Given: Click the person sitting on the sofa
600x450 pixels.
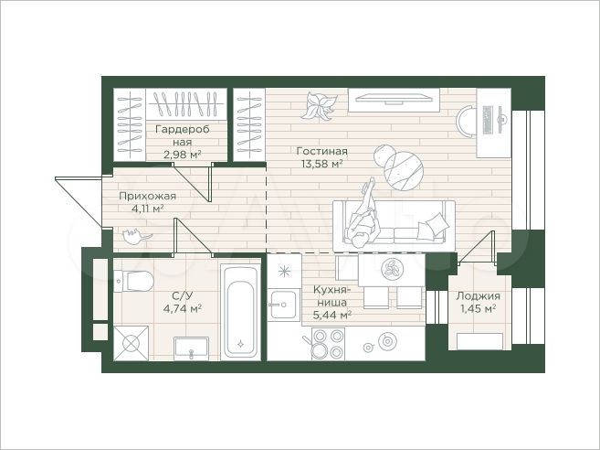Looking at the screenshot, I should point(366,213).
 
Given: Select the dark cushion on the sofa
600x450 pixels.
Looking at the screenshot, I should point(439,223).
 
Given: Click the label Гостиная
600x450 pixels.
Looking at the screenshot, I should point(322,151).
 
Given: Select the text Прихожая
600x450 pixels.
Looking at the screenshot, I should point(147,196).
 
